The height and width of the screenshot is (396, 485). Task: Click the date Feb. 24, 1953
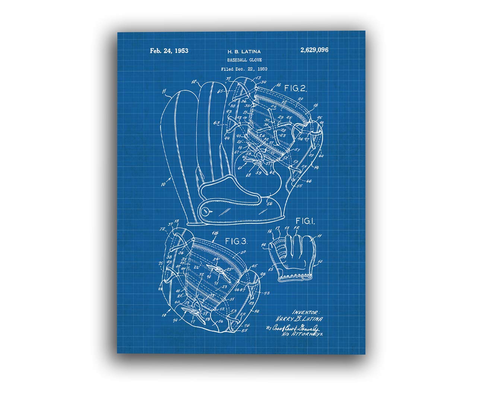pos(169,51)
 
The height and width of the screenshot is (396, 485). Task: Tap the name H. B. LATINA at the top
pos(244,51)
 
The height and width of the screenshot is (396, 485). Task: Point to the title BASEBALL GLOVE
pos(244,60)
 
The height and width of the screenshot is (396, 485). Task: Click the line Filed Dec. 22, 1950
pos(244,69)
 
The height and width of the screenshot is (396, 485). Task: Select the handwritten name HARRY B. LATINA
pos(299,319)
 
